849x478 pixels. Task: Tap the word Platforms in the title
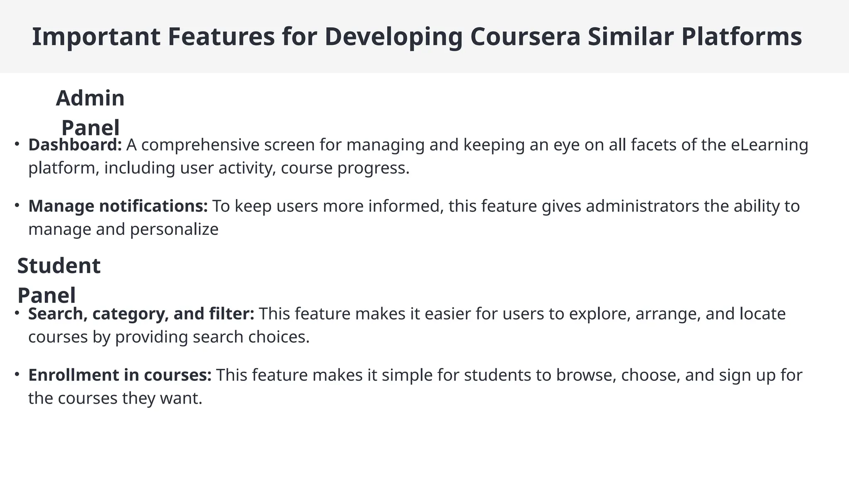click(x=741, y=37)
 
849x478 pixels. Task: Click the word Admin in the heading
click(x=90, y=98)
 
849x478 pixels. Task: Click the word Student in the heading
click(x=59, y=266)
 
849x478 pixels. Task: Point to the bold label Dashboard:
click(x=75, y=145)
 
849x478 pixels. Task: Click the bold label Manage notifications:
click(x=118, y=206)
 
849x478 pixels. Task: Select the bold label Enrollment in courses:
click(x=120, y=375)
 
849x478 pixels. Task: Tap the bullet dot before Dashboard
click(x=17, y=144)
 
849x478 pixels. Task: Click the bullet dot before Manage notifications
click(x=17, y=205)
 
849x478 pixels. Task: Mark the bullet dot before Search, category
click(x=17, y=313)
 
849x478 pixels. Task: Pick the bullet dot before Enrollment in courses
click(x=17, y=374)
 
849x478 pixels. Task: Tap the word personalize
click(x=174, y=229)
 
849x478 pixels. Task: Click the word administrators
click(x=642, y=206)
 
